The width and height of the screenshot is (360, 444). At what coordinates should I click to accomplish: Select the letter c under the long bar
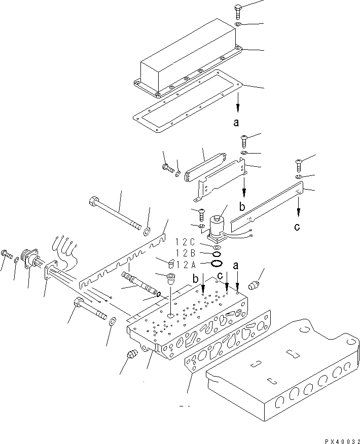click(x=297, y=227)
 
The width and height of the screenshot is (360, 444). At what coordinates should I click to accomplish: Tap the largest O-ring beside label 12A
click(x=217, y=263)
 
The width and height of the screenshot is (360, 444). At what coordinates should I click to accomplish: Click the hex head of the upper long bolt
click(x=95, y=201)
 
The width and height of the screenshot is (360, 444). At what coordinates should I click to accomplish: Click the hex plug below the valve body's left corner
click(x=131, y=355)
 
